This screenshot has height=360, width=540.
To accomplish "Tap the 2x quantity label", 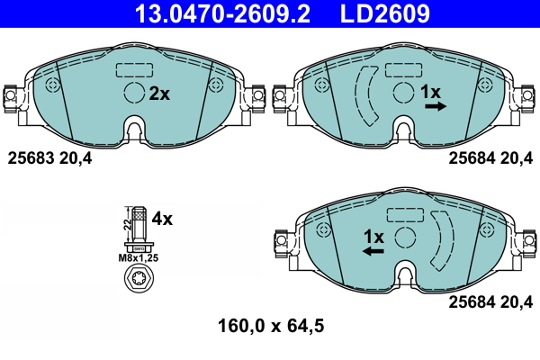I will coord(159,94).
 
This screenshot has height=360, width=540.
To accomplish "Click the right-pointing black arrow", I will coord(436,106).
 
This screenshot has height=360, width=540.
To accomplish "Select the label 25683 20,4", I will coord(49,158).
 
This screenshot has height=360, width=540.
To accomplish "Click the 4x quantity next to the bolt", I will coord(162,219).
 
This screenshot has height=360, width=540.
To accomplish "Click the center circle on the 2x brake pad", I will coord(134,93).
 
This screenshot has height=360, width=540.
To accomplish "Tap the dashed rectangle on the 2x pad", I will coord(135,69).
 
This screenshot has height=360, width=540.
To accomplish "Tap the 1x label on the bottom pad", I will coord(373,237).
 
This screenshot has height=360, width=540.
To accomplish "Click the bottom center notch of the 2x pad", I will coord(134,131).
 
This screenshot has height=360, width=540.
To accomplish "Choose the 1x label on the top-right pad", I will coord(431,92).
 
